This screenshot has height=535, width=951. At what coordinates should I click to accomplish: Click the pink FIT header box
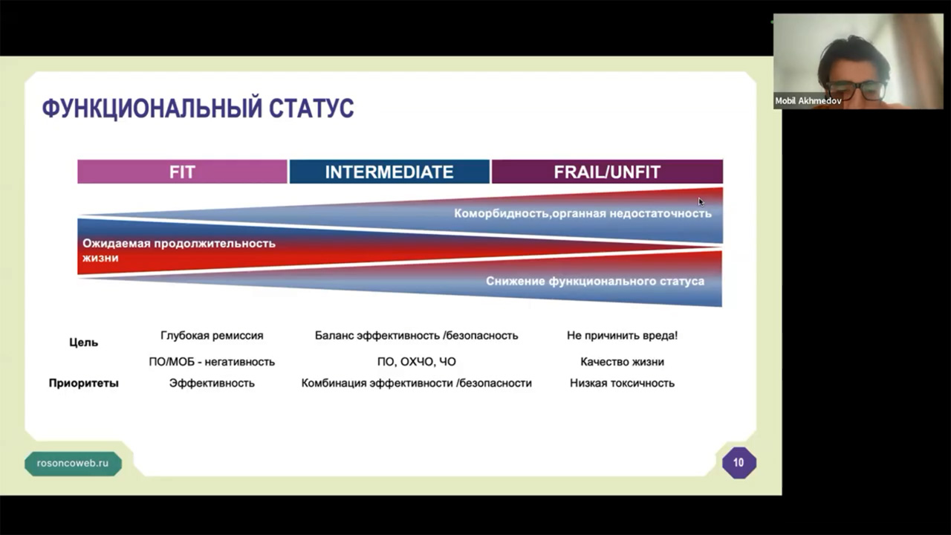click(x=182, y=172)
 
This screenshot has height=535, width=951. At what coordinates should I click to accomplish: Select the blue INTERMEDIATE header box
click(x=389, y=172)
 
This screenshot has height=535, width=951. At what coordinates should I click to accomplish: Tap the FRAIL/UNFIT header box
click(x=607, y=172)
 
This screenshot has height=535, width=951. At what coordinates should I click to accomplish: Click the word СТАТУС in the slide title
click(x=311, y=108)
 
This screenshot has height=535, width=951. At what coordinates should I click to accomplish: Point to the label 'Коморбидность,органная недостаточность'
click(x=582, y=213)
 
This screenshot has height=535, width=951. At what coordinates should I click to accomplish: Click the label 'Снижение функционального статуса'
click(x=595, y=281)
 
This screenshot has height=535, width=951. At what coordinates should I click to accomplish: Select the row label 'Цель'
click(x=84, y=343)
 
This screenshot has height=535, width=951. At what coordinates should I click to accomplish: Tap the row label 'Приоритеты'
click(x=84, y=383)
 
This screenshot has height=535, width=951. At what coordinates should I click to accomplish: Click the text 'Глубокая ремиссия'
click(x=212, y=335)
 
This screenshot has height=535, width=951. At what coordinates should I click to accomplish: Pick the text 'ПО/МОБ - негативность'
click(x=212, y=362)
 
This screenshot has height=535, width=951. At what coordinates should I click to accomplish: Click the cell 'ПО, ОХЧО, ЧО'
click(x=417, y=362)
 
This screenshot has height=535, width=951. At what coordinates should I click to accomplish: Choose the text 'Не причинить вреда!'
click(x=622, y=335)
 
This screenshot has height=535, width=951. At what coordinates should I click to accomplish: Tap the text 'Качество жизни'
click(x=622, y=362)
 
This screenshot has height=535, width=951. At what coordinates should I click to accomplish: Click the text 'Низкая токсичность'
click(x=622, y=383)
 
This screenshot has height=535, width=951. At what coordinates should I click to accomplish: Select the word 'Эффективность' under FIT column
click(x=212, y=383)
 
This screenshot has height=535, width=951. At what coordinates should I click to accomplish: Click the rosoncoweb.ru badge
click(x=73, y=463)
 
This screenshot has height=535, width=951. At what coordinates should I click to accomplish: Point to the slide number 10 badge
click(x=739, y=463)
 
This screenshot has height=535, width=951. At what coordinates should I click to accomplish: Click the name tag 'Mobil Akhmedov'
click(x=808, y=101)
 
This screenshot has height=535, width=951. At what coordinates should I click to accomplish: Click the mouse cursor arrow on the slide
click(x=701, y=201)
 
